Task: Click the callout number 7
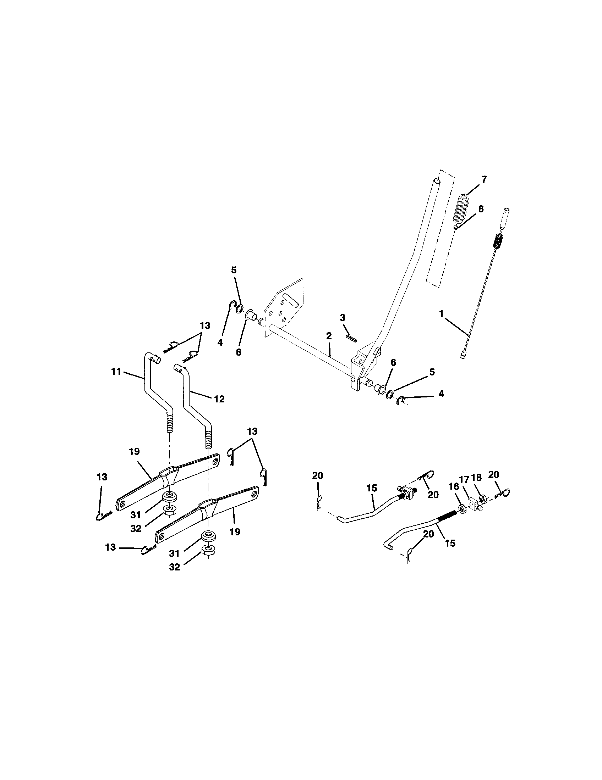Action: (484, 180)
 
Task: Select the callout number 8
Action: (481, 209)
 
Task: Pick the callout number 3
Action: (343, 318)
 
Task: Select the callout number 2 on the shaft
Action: (329, 335)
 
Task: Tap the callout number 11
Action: (116, 372)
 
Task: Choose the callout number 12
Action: (219, 399)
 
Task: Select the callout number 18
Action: (476, 478)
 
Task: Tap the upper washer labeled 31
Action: (169, 497)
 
